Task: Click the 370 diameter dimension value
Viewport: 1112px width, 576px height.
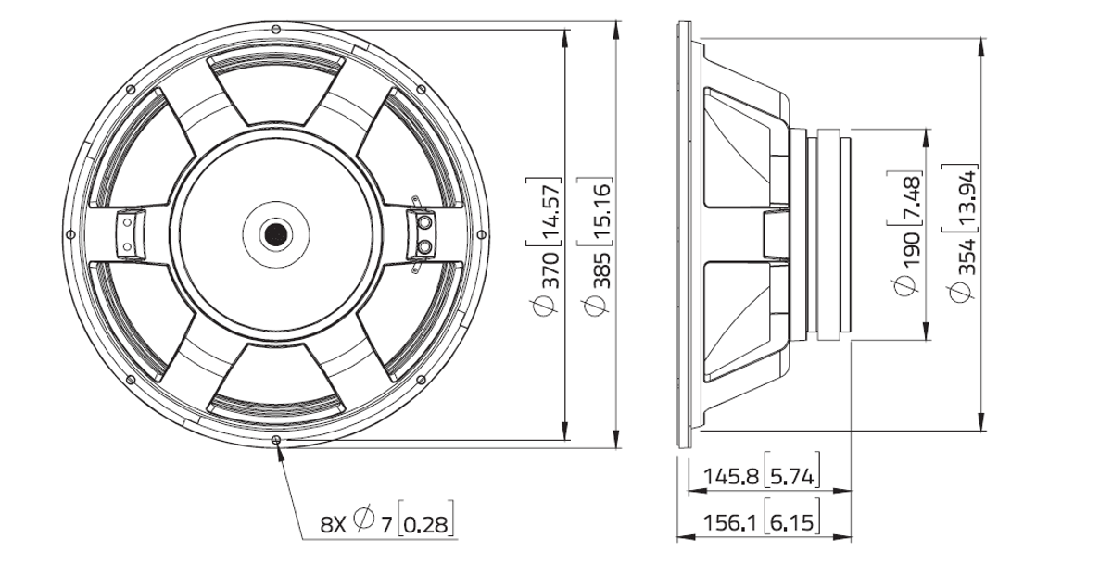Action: (x=550, y=269)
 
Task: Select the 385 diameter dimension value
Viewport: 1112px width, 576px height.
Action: (x=601, y=269)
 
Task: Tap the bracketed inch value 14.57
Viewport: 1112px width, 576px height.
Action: (x=550, y=211)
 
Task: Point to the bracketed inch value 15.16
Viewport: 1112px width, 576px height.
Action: (x=601, y=211)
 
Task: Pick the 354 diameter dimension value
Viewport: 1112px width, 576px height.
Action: (x=967, y=257)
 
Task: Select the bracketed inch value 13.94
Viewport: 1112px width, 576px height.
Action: (x=967, y=197)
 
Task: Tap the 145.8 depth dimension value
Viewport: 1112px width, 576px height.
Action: (x=731, y=477)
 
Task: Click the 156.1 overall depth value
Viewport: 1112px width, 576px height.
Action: (x=731, y=522)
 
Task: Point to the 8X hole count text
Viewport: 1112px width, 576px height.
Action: (x=333, y=524)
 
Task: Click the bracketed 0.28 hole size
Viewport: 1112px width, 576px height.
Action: (x=426, y=524)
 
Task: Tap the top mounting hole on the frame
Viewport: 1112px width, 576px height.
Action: (x=277, y=29)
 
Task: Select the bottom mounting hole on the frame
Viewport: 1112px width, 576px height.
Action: (x=277, y=440)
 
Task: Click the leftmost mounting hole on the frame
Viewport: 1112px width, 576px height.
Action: (x=70, y=234)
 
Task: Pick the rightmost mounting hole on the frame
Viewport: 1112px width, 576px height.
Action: (x=481, y=234)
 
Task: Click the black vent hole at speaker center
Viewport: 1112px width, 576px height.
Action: (x=276, y=234)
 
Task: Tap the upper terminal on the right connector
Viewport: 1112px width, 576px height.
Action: (x=425, y=223)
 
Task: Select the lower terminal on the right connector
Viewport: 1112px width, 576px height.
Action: (x=425, y=245)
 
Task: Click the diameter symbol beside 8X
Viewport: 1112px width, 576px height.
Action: (x=364, y=519)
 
